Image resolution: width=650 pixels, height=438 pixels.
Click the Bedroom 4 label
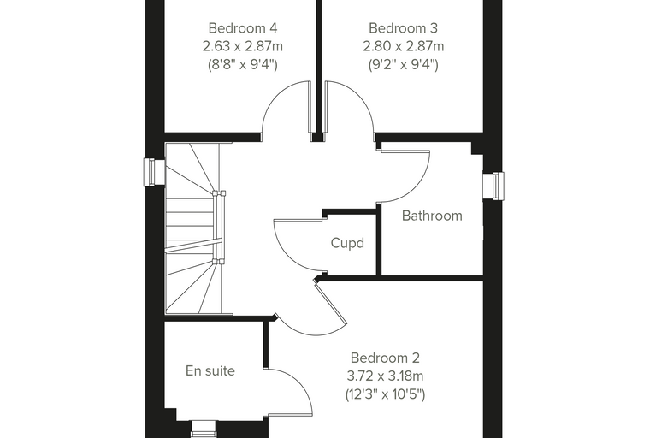point(243,28)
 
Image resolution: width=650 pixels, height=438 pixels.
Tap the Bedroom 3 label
point(403,28)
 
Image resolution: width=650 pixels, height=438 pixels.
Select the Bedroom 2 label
point(385,358)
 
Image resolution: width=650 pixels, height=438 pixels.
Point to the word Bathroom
point(432,216)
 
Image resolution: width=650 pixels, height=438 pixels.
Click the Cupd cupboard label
point(347,243)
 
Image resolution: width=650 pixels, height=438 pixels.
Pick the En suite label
point(210,370)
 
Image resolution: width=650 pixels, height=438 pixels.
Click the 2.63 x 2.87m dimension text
point(243,46)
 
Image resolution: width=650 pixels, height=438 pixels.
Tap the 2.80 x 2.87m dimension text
point(404,46)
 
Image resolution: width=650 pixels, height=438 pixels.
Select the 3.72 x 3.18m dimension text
point(385,376)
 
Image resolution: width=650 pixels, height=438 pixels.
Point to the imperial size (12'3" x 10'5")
point(385,394)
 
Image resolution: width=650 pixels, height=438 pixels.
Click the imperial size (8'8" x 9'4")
point(243,64)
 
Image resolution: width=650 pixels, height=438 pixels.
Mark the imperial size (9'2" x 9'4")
point(404,64)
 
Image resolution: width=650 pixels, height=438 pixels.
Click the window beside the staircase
point(149,172)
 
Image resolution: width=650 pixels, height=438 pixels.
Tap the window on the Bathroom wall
point(493,186)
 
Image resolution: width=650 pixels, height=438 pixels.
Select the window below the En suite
point(204,429)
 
